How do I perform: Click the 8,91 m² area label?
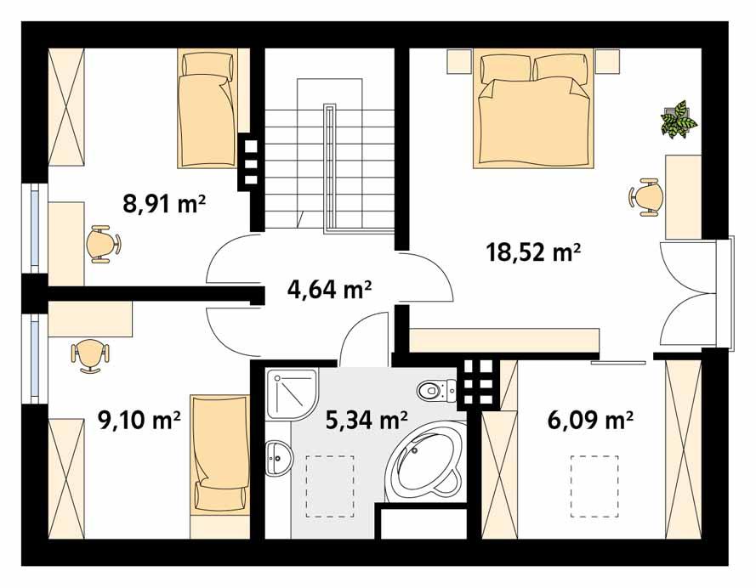(166, 204)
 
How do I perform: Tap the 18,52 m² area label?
(533, 252)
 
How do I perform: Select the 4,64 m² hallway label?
(330, 291)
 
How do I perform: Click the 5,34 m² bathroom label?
(367, 418)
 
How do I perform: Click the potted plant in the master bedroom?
(679, 119)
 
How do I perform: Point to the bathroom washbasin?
(277, 459)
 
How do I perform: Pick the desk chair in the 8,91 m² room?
(102, 244)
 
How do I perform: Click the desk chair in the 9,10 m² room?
(88, 354)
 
